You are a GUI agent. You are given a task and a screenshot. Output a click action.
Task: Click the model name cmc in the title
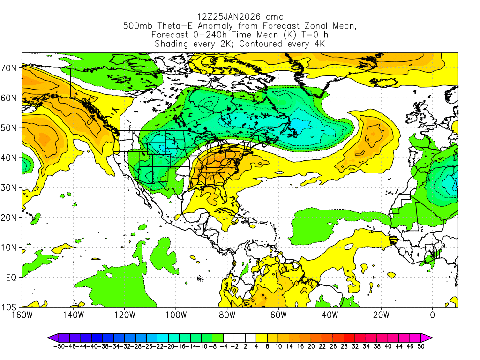click(274, 17)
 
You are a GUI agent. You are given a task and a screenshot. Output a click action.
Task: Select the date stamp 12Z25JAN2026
click(226, 17)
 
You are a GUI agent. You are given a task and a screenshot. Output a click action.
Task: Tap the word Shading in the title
click(172, 44)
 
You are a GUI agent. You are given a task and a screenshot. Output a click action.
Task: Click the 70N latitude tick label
click(10, 68)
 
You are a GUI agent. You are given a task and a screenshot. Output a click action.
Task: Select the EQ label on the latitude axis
click(12, 277)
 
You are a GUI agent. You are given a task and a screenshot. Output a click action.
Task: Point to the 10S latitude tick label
click(10, 307)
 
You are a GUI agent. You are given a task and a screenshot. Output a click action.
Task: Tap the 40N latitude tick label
click(10, 157)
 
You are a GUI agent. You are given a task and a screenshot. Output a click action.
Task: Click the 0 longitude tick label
click(433, 315)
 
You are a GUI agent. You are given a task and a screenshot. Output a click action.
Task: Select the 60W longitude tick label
click(278, 315)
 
